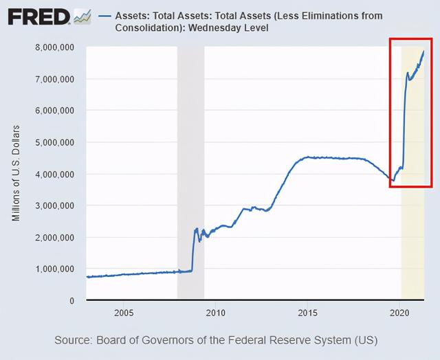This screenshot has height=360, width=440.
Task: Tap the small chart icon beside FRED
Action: click(82, 15)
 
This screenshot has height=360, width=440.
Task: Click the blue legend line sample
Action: click(107, 14)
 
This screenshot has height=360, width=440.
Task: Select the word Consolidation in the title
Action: click(153, 27)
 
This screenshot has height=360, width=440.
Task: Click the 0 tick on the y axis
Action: click(71, 300)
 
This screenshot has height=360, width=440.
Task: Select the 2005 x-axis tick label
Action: click(123, 313)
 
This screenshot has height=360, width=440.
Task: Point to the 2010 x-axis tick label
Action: click(215, 313)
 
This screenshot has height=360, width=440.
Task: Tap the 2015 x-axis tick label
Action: click(307, 313)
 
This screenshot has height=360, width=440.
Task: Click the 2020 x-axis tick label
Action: click(399, 313)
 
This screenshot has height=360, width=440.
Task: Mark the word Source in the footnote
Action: click(74, 340)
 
